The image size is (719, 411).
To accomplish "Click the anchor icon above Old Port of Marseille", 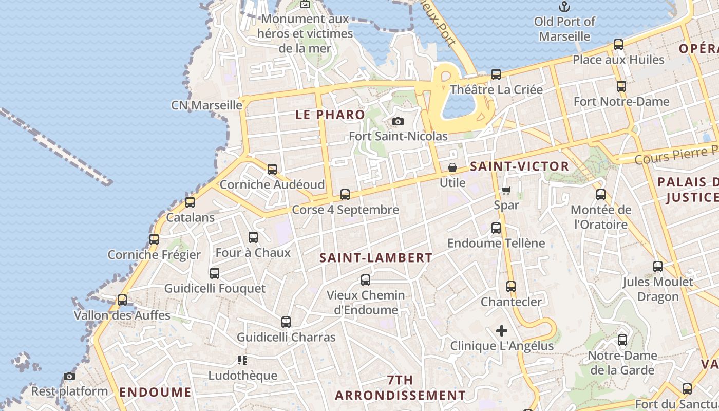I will tap(564, 7).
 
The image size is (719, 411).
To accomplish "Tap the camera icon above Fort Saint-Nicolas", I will tap(398, 122).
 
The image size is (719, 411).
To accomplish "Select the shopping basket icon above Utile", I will tap(452, 167).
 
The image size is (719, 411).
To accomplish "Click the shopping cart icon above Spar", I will tap(506, 190).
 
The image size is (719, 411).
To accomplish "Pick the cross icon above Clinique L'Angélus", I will tap(502, 331).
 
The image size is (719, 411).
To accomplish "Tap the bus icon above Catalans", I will tap(190, 202).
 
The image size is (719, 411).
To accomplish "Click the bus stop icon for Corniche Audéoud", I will tap(272, 169).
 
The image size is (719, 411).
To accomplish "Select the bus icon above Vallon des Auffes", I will tap(122, 300).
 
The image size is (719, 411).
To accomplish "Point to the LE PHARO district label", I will tap(330, 115).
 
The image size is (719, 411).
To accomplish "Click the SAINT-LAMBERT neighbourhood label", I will tap(376, 258).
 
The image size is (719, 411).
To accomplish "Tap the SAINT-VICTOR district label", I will tap(519, 166).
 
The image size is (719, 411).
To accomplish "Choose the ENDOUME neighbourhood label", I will tap(155, 393).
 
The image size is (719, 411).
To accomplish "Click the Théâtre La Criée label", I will tap(496, 90).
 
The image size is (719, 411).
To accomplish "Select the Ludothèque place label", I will tap(242, 376).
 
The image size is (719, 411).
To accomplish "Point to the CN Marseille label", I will tap(206, 105).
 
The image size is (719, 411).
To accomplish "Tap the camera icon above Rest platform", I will tap(69, 377).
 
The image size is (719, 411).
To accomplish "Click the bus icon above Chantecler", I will tap(511, 287).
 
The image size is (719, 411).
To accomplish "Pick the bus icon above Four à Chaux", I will tap(253, 237).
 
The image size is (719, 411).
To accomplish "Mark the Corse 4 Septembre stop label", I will tap(345, 210).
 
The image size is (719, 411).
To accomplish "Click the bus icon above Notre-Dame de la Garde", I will tap(622, 340).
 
